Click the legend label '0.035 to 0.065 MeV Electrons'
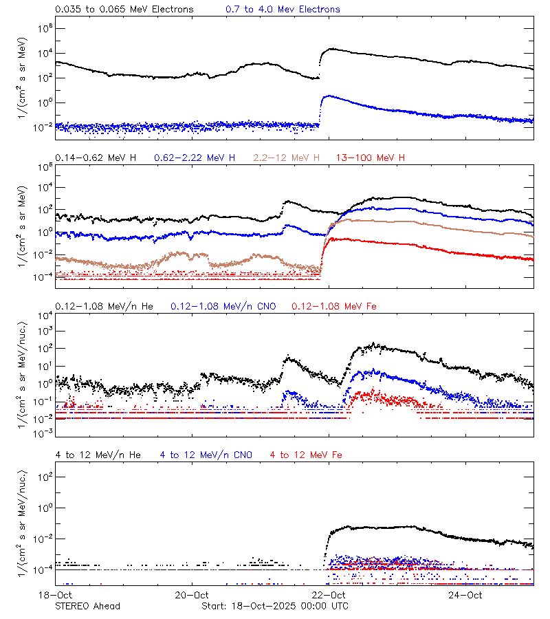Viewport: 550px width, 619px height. pos(124,10)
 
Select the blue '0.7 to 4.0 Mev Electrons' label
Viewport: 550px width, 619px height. pos(283,10)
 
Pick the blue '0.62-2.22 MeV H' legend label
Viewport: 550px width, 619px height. pos(195,158)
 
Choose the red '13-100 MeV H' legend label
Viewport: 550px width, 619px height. pos(371,158)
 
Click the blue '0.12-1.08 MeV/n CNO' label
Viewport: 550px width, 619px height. pos(223,306)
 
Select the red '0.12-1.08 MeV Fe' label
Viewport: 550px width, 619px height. pos(334,306)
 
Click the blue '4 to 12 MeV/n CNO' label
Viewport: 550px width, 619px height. pos(206,455)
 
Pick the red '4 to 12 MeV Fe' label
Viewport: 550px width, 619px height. pos(306,455)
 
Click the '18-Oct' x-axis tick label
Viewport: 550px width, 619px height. pos(56,595)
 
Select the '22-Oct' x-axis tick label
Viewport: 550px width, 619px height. pos(329,595)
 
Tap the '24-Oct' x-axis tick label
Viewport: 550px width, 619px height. pos(465,595)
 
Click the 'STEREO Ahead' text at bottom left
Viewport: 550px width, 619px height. pos(87,606)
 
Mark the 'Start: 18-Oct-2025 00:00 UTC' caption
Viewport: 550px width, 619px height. pos(275,606)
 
